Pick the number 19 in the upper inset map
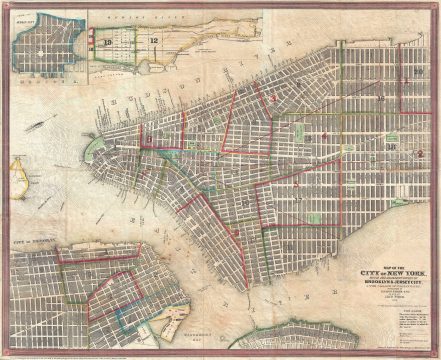click(107, 42)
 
